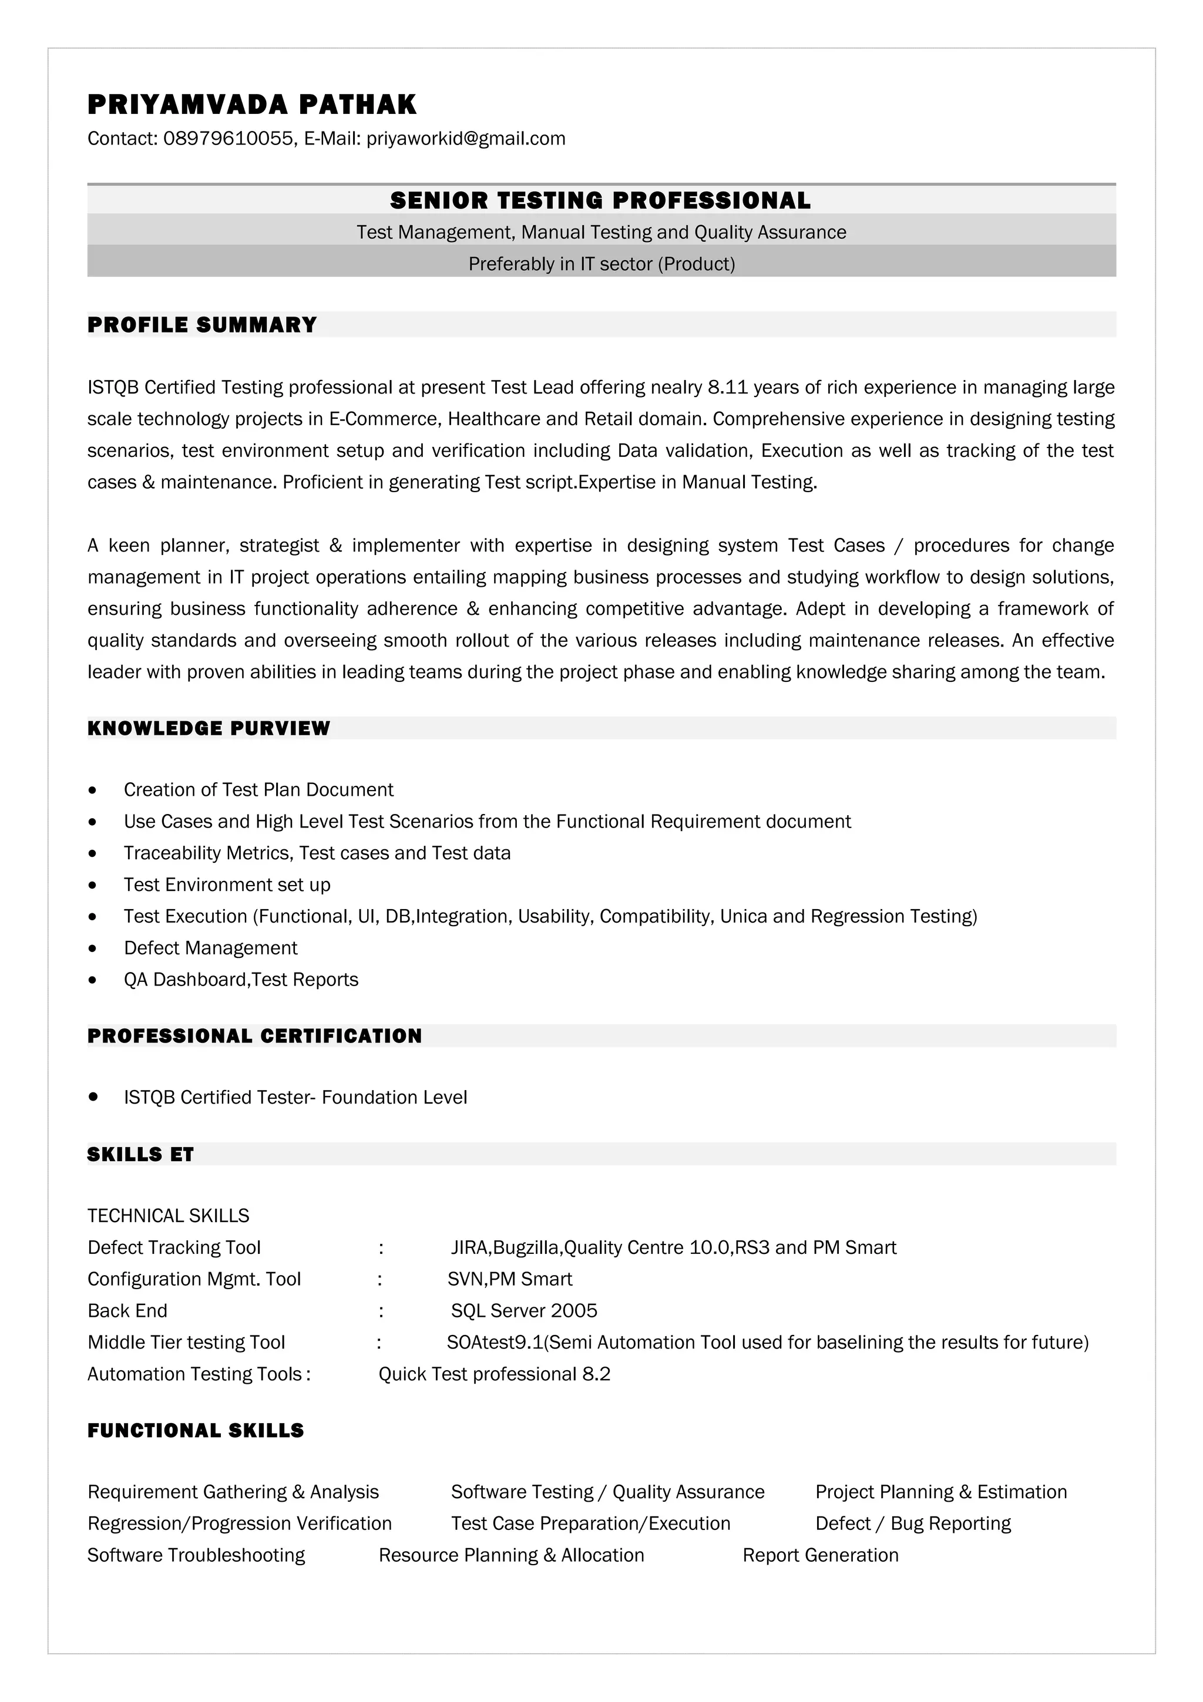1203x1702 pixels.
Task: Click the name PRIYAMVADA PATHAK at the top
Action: pyautogui.click(x=252, y=105)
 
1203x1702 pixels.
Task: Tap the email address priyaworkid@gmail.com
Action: pyautogui.click(x=465, y=139)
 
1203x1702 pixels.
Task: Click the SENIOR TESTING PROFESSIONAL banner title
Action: pyautogui.click(x=600, y=200)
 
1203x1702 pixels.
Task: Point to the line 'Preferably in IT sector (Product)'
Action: pyautogui.click(x=601, y=264)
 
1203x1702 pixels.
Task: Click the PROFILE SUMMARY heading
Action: pyautogui.click(x=201, y=325)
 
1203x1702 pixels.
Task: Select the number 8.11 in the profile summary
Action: pyautogui.click(x=728, y=388)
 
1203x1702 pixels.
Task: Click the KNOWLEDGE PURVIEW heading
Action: pyautogui.click(x=209, y=728)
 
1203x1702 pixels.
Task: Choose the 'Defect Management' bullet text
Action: pyautogui.click(x=210, y=948)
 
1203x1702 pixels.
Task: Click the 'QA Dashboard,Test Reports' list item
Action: pyautogui.click(x=241, y=980)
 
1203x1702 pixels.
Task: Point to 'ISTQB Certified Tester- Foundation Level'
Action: pyautogui.click(x=295, y=1097)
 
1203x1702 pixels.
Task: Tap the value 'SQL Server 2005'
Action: pyautogui.click(x=524, y=1311)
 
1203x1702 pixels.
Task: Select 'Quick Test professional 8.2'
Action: pyautogui.click(x=495, y=1374)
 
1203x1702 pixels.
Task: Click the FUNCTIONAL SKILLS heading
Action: pyautogui.click(x=196, y=1431)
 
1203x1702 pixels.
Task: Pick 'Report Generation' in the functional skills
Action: pyautogui.click(x=821, y=1555)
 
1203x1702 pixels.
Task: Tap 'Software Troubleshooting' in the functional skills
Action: pyautogui.click(x=196, y=1555)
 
